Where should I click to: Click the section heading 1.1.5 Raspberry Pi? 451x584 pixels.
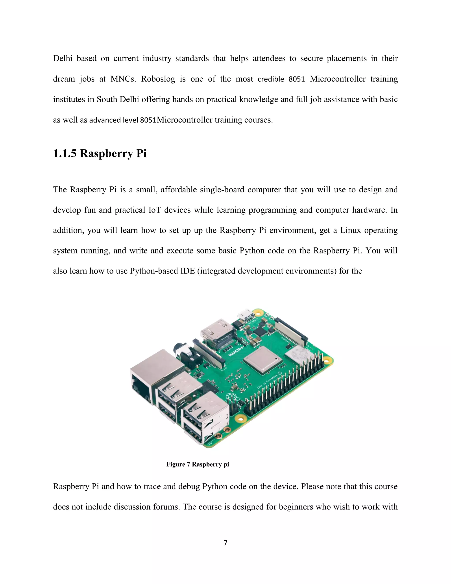click(100, 153)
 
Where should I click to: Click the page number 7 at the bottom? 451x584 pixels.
click(225, 543)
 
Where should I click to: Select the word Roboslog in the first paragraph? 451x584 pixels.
click(158, 79)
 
